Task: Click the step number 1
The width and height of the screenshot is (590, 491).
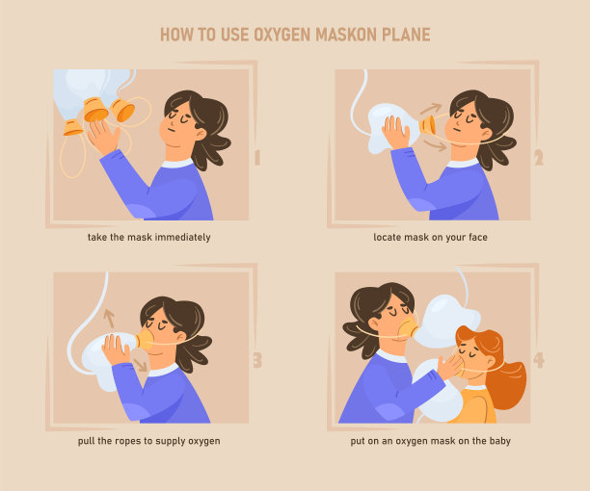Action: [257, 158]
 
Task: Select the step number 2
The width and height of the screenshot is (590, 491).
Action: [539, 158]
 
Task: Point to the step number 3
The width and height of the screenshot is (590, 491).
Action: [257, 361]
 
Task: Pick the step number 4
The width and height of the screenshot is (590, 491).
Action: [539, 361]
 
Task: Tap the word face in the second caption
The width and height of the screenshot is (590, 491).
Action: [478, 238]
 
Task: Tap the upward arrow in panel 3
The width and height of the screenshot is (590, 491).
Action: [110, 319]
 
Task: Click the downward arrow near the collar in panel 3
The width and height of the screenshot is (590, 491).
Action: [141, 365]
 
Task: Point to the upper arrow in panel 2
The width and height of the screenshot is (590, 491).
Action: [431, 109]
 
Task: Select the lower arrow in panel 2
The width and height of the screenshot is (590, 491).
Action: [436, 145]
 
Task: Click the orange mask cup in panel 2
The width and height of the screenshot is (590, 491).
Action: [428, 125]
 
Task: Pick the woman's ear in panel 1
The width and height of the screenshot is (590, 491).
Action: [201, 134]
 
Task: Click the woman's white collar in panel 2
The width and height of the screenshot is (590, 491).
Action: [463, 163]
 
